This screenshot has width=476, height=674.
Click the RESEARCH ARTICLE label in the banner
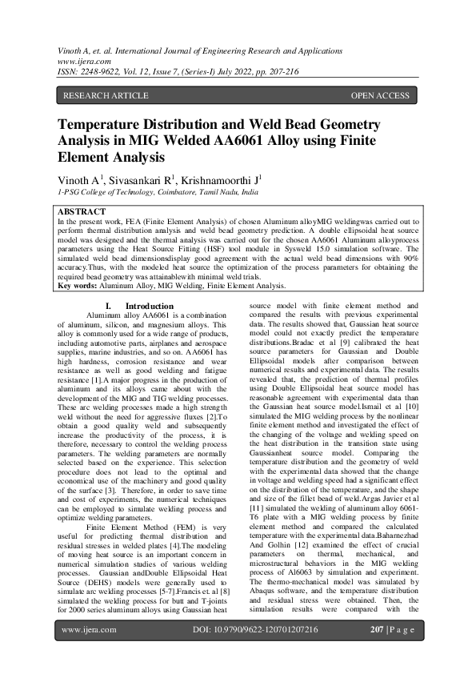106,96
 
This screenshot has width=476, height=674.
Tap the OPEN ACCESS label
380,96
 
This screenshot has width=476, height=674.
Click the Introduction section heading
149,306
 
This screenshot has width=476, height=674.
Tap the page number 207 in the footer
379,652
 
